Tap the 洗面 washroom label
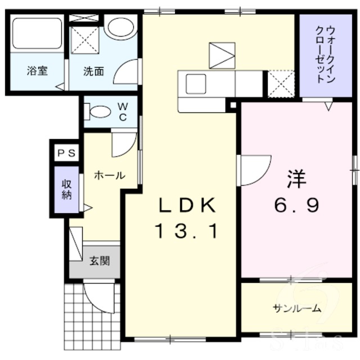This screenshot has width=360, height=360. click(x=93, y=71)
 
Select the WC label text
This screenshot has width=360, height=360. click(x=123, y=111)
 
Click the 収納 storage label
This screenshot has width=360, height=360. click(x=66, y=190)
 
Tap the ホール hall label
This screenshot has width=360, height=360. click(x=109, y=175)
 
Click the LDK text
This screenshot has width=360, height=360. click(x=186, y=206)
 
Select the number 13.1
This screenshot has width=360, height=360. click(x=186, y=231)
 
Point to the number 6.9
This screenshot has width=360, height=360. click(x=296, y=205)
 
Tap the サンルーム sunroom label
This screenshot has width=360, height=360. click(x=297, y=308)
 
